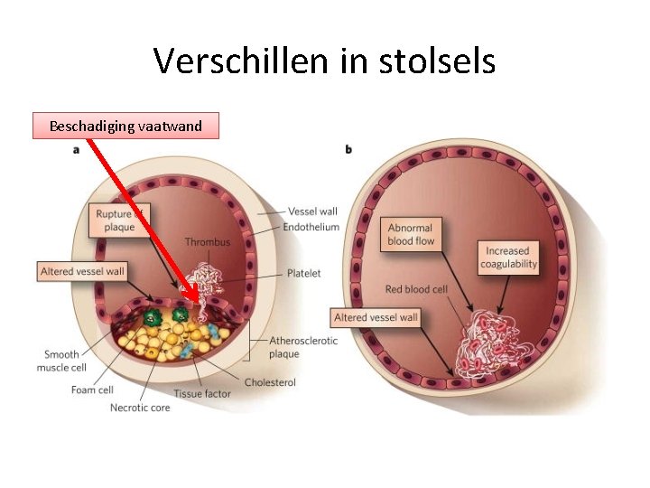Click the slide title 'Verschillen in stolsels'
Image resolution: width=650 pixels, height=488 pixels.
[324, 61]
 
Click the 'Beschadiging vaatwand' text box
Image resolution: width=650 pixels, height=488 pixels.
[125, 126]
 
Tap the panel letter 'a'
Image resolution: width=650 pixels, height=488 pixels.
[76, 149]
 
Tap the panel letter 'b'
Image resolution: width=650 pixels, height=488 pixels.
[348, 149]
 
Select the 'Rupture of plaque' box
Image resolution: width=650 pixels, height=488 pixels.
[119, 220]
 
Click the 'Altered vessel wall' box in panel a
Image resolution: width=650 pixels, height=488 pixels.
[83, 271]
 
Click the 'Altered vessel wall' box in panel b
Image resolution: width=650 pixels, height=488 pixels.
[376, 317]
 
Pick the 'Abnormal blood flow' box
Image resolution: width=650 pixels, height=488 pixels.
[412, 235]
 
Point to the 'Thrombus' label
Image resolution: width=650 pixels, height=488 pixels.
[208, 242]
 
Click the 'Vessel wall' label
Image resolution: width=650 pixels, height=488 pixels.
[312, 211]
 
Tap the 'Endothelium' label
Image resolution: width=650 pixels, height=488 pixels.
[311, 227]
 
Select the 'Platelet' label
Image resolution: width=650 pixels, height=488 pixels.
[303, 273]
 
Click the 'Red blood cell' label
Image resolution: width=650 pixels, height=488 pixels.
[416, 289]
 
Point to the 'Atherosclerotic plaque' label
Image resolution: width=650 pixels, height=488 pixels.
[303, 347]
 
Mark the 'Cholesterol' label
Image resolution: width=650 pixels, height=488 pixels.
[270, 382]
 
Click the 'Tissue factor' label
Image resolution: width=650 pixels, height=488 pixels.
[202, 393]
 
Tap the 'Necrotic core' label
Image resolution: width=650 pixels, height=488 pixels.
[140, 408]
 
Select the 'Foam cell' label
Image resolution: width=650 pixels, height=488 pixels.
[92, 390]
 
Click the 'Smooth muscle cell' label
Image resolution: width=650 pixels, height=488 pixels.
[61, 361]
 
